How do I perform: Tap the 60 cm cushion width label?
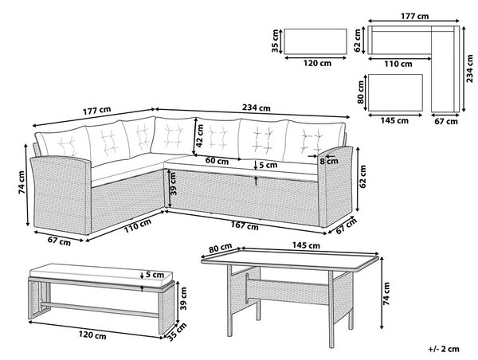coord(217,161)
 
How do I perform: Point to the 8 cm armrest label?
coord(329,161)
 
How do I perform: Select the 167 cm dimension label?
coord(245,226)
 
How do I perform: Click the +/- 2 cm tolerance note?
coord(444,349)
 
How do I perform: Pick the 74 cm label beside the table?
coord(386,294)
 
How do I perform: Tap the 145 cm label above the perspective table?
coord(306,245)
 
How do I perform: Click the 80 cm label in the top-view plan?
coord(361,92)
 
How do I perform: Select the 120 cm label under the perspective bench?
coord(92,335)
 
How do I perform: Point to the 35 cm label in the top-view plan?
coord(276,41)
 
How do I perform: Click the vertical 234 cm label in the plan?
coord(470,68)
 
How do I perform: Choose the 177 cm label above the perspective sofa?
coord(97,111)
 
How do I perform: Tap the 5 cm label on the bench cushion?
coord(155,275)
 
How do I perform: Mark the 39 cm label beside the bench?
coord(182,298)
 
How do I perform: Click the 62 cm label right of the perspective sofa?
coord(362,177)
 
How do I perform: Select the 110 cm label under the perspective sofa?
coord(138,226)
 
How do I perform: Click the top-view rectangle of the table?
coord(395,92)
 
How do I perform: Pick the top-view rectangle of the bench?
coord(315,41)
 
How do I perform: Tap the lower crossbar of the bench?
coord(100,308)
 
